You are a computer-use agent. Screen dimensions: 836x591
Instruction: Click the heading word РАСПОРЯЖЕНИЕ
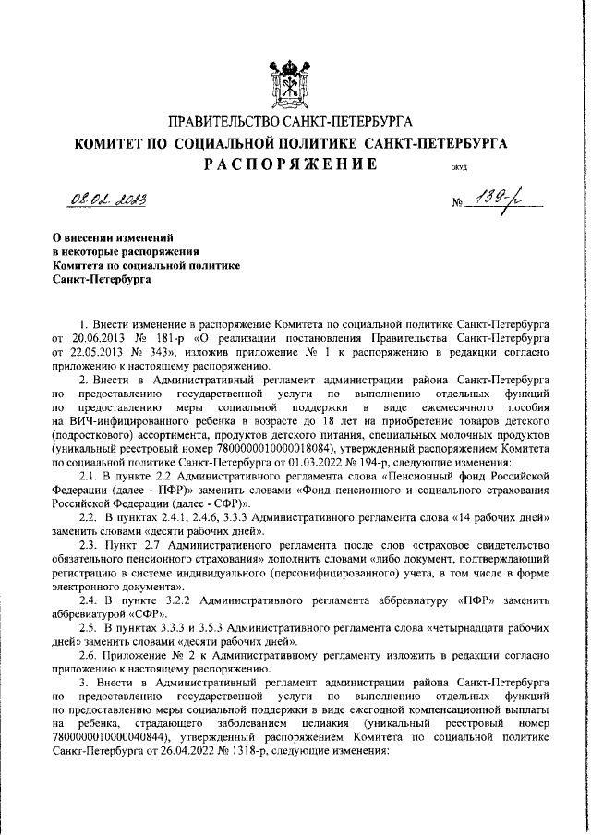[290, 164]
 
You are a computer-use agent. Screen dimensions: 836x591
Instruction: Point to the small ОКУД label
[459, 169]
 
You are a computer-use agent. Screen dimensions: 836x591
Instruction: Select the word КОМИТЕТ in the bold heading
[111, 143]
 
